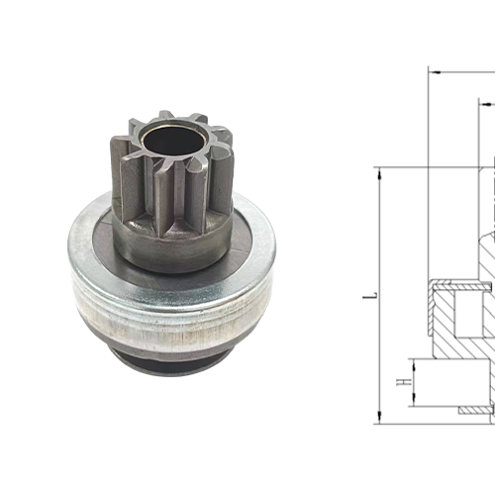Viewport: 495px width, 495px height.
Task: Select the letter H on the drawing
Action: tap(401, 381)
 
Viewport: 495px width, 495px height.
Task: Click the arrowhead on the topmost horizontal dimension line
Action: tap(434, 71)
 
